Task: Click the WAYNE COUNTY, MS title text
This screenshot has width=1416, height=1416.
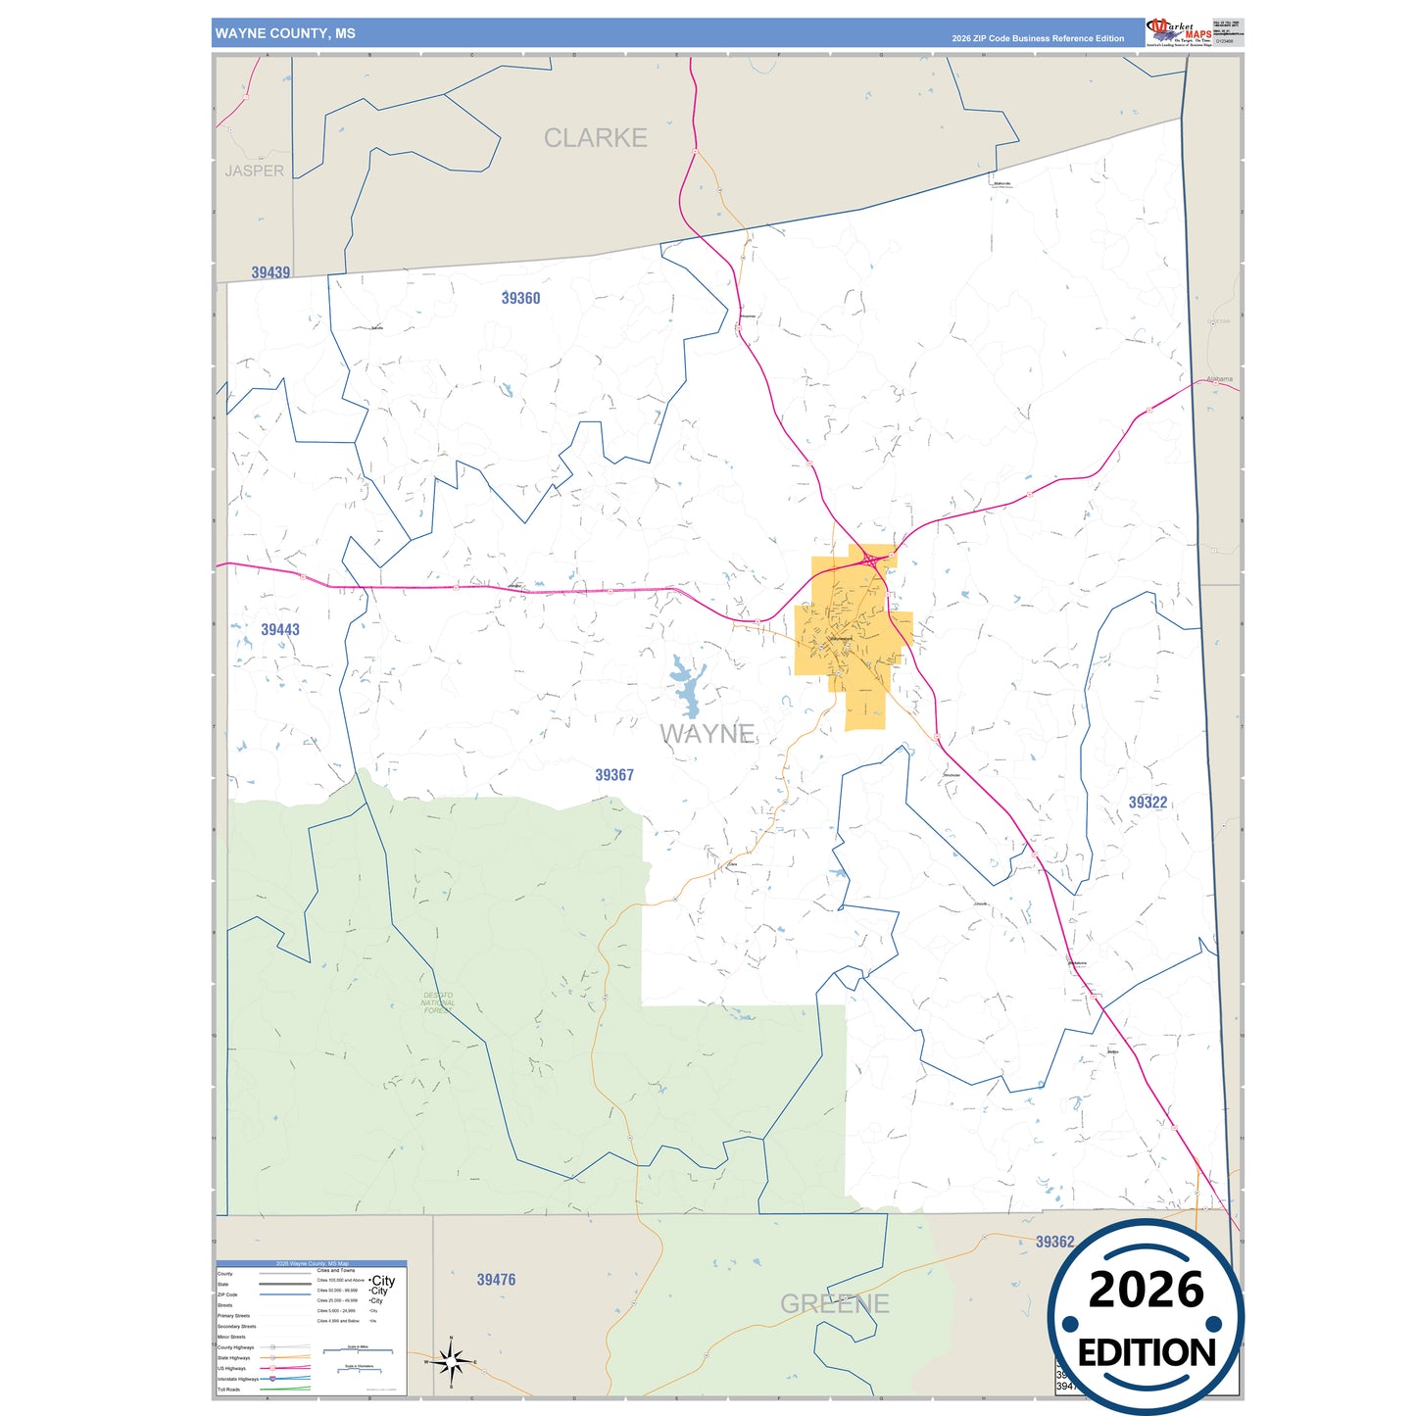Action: pos(285,33)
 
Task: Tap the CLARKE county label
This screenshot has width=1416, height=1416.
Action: pos(595,138)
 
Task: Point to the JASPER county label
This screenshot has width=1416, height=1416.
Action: pos(254,171)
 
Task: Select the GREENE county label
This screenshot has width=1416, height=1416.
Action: pos(834,1303)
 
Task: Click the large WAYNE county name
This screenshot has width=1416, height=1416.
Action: pos(707,733)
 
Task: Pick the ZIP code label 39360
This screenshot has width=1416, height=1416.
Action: pos(520,298)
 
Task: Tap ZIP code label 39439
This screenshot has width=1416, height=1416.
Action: pos(270,272)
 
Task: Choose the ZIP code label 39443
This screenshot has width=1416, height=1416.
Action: pos(280,629)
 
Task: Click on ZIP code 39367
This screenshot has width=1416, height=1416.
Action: pos(614,774)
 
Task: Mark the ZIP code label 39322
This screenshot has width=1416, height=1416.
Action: pos(1147,802)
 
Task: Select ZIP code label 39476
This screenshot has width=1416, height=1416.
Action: pos(496,1279)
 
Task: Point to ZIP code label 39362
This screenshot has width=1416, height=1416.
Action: pos(1054,1242)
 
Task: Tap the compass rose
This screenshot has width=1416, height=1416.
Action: pos(451,1361)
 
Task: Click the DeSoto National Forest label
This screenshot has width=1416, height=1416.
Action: pos(438,1002)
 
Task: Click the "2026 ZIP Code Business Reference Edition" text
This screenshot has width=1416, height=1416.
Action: pos(1038,38)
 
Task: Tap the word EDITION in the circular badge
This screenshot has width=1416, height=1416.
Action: pos(1146,1353)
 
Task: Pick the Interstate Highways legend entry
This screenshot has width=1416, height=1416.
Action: pos(239,1379)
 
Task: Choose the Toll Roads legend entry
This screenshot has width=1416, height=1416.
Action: pos(229,1390)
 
